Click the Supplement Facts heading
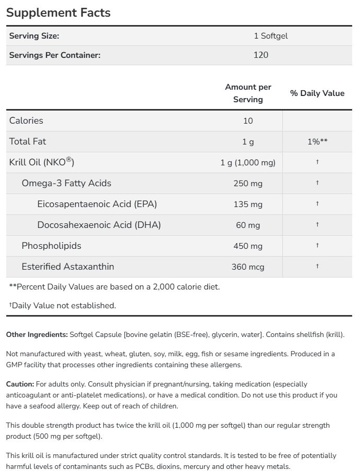pos(58,13)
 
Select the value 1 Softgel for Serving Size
pos(271,36)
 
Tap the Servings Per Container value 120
pos(260,54)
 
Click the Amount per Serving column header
pos(248,93)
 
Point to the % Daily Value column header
pos(317,93)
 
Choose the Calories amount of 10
pos(248,120)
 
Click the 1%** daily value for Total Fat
pos(317,141)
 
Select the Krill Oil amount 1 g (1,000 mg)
pos(248,162)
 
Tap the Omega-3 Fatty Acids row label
pos(66,183)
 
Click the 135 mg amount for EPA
pos(248,204)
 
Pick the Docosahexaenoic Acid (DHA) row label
pos(99,225)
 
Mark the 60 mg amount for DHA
pos(248,225)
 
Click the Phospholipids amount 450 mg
pos(248,246)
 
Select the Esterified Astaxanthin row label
pos(68,267)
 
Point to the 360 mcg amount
pos(248,267)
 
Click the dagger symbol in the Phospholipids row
pos(317,246)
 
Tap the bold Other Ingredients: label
pos(37,334)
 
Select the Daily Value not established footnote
pos(63,305)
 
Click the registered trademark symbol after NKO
pos(68,159)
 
